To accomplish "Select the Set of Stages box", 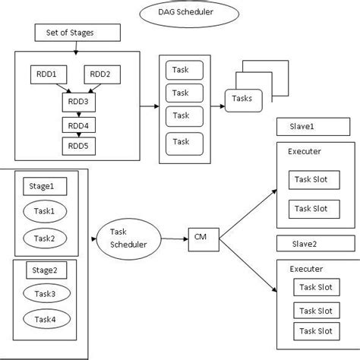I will [x=76, y=33].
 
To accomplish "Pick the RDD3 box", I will [x=77, y=102].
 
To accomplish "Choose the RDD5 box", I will [x=77, y=144].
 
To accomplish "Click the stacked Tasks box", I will [x=247, y=99].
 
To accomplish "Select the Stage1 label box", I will [x=43, y=185].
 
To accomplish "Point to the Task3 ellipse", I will [x=43, y=294].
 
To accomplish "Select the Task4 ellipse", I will [x=43, y=320].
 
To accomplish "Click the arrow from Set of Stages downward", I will [x=76, y=46].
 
